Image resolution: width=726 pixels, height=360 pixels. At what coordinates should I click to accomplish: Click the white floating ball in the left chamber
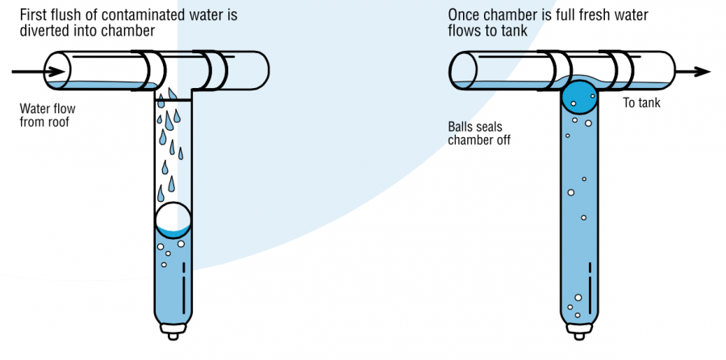click(173, 220)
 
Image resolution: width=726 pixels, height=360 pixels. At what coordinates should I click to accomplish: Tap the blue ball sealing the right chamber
click(579, 96)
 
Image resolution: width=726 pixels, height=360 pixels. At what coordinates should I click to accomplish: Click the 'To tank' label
click(643, 103)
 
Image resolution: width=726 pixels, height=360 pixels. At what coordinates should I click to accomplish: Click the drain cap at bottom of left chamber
click(173, 331)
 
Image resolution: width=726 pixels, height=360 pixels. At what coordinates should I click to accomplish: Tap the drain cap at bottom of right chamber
click(578, 331)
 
